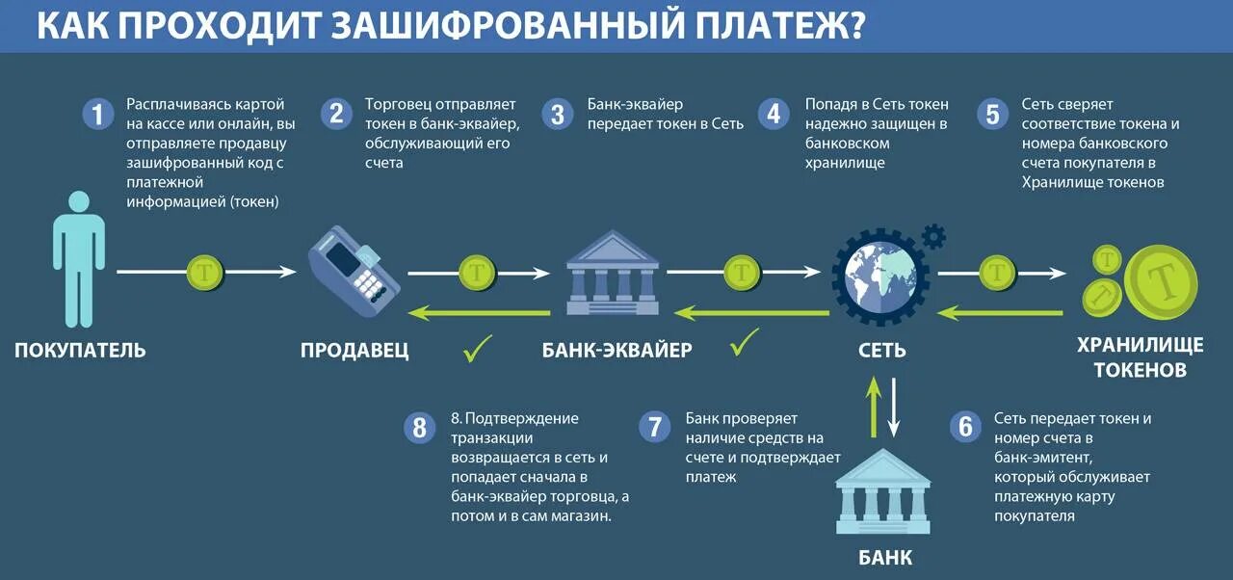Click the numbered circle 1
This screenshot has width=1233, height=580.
(x=96, y=115)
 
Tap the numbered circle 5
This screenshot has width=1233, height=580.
(x=991, y=115)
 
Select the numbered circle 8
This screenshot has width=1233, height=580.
(x=419, y=427)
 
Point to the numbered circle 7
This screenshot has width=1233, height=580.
(x=655, y=427)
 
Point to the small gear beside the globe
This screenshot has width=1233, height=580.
(x=932, y=235)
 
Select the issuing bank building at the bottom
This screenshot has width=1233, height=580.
(x=883, y=493)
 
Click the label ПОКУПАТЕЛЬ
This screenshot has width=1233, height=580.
(x=80, y=350)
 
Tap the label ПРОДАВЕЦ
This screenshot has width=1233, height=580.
(x=354, y=350)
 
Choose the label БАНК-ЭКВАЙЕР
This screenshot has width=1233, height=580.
(x=616, y=350)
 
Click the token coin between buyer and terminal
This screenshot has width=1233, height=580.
(x=204, y=273)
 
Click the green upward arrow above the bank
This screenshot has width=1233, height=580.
(x=872, y=405)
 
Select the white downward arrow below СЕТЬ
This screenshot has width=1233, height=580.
(x=894, y=405)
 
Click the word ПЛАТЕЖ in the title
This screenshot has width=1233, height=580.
(x=760, y=26)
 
